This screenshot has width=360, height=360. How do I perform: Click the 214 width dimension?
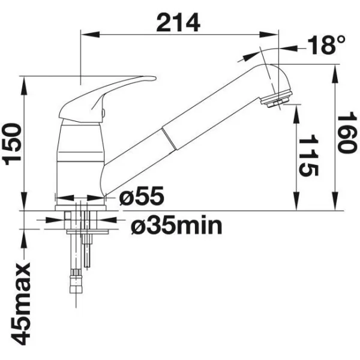(x=178, y=23)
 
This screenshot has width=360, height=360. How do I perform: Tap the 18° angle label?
(x=326, y=45)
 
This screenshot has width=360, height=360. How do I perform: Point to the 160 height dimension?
(x=347, y=133)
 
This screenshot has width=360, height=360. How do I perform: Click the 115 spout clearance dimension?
(x=308, y=155)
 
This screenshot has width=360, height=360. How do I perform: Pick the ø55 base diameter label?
(x=142, y=196)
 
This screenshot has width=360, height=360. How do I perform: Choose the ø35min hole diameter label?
(x=176, y=226)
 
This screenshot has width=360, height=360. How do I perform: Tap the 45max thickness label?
(x=20, y=304)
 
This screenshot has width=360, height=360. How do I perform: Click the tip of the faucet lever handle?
(x=155, y=78)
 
